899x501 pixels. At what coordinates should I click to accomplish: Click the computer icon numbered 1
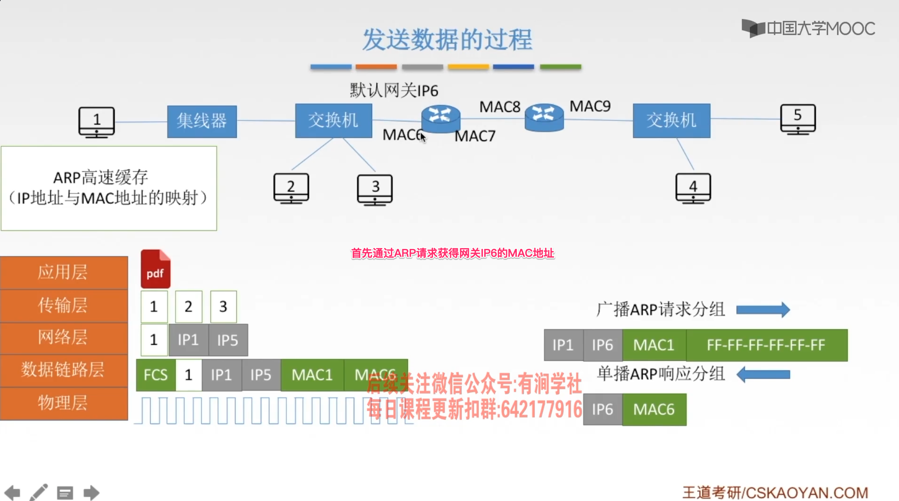click(x=96, y=122)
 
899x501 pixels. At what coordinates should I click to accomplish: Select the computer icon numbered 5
click(x=798, y=119)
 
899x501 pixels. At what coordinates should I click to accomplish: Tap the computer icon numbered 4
click(x=693, y=188)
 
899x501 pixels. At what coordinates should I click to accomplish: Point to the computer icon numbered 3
click(x=375, y=189)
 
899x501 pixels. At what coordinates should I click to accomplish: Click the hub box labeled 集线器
click(x=202, y=121)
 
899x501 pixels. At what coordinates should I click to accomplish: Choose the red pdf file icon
click(x=155, y=269)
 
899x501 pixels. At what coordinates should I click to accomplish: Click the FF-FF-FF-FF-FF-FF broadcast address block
click(x=766, y=345)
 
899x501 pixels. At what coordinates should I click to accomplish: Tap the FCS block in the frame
click(x=155, y=375)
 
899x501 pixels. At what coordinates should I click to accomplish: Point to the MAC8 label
click(x=499, y=107)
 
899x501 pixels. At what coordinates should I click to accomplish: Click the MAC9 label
click(x=590, y=106)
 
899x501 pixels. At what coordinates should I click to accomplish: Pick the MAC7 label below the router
click(x=475, y=136)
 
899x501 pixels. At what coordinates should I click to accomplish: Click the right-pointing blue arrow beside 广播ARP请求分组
click(x=763, y=310)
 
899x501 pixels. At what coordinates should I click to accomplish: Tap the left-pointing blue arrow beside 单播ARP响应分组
click(x=763, y=374)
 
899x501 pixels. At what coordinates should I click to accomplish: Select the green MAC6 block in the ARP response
click(x=654, y=410)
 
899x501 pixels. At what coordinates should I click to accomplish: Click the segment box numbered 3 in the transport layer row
click(x=223, y=306)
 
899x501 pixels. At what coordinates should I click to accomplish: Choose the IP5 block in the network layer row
click(x=228, y=340)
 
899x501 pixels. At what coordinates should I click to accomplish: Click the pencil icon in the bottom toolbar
click(x=39, y=492)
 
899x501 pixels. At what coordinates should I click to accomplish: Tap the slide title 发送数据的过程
click(x=447, y=40)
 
